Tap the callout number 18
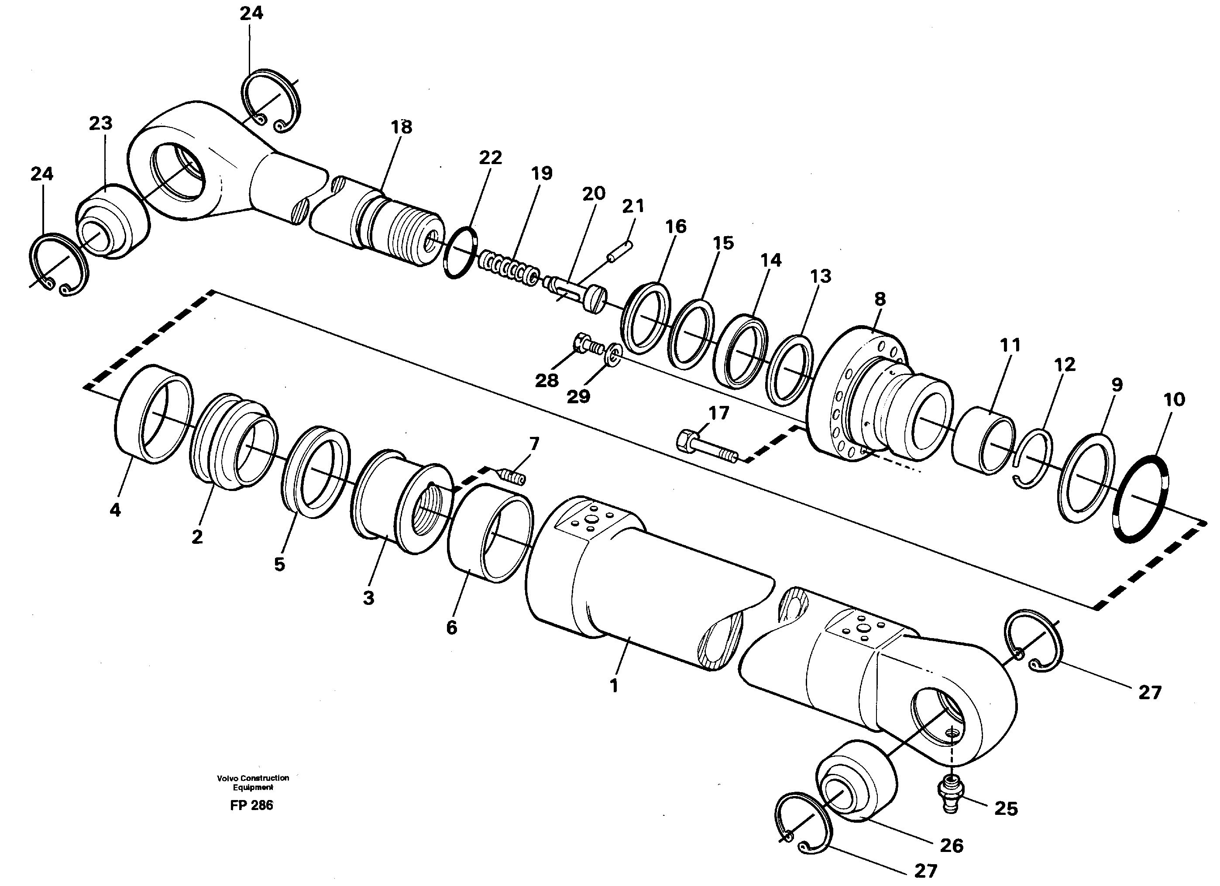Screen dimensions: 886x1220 point(401,127)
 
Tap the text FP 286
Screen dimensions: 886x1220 point(251,805)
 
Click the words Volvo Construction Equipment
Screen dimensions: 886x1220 point(253,782)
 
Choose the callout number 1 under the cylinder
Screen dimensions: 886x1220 point(614,687)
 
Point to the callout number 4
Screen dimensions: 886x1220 point(115,510)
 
